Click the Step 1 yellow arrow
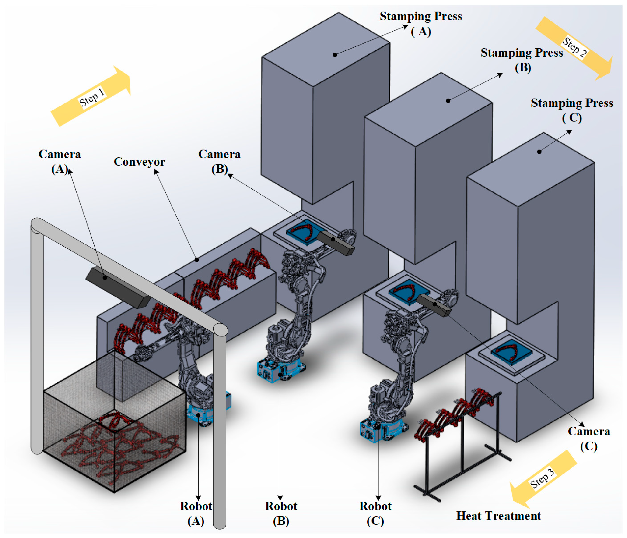(91, 96)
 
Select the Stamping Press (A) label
(421, 23)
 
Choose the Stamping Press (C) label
(572, 110)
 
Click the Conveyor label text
(139, 162)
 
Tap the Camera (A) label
(60, 161)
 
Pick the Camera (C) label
(588, 439)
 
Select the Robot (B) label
(281, 513)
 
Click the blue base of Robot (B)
(280, 371)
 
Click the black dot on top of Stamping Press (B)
(448, 101)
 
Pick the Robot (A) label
(196, 513)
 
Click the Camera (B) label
(219, 161)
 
